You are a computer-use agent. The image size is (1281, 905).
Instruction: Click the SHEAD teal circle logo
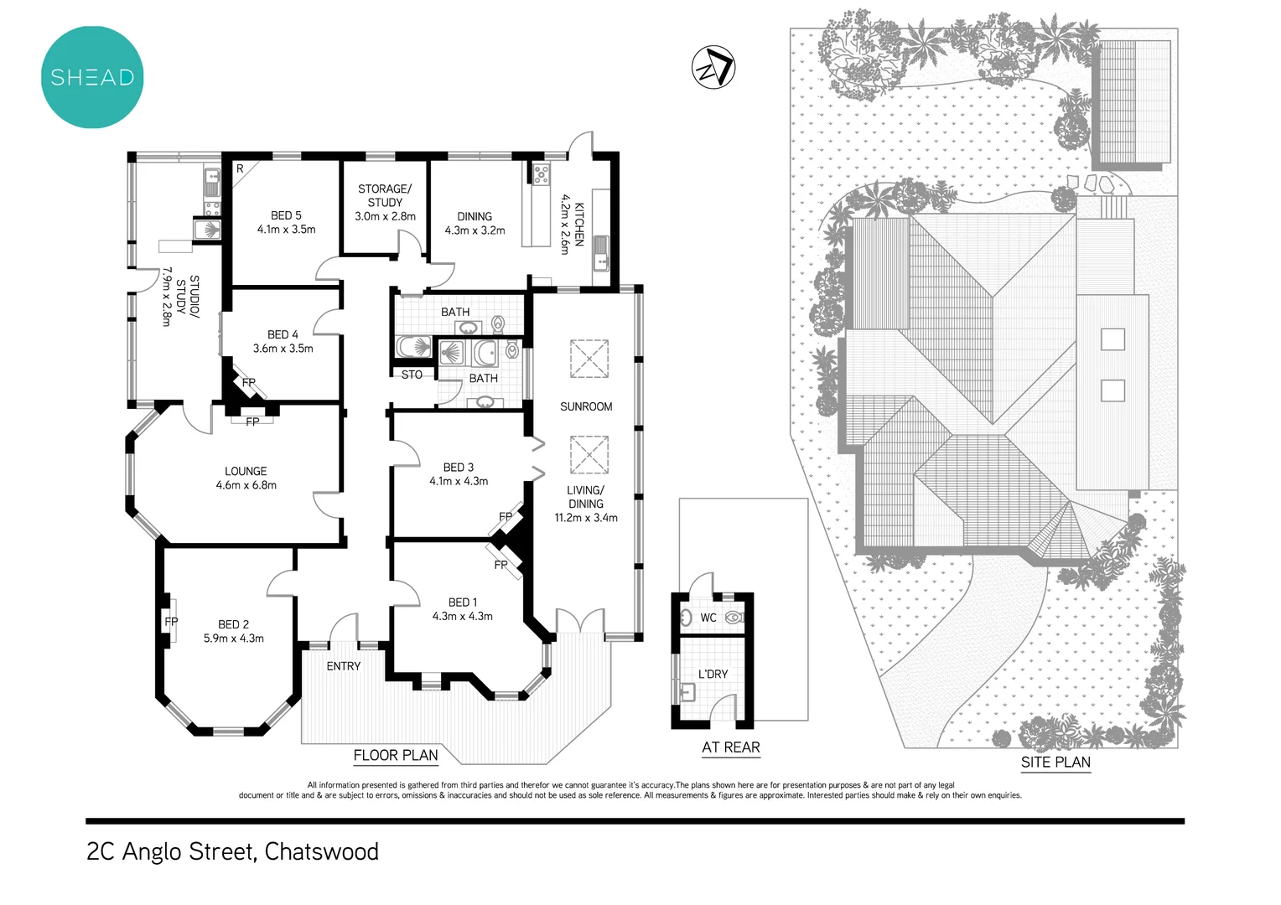92,77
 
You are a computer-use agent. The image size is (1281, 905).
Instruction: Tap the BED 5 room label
286,215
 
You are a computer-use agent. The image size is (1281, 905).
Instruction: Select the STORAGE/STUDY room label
385,195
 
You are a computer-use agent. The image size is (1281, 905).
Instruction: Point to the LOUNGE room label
246,471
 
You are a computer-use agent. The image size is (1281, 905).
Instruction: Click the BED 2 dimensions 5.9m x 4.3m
234,639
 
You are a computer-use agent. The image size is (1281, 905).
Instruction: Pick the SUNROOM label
586,406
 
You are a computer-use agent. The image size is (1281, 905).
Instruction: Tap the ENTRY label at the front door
344,666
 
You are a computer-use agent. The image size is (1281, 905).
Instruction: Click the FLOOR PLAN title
396,755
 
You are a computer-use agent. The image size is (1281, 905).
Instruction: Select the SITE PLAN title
1055,762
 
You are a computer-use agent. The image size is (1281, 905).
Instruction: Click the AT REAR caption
731,747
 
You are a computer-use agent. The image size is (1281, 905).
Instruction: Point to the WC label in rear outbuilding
708,618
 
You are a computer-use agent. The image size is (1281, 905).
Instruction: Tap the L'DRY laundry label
713,674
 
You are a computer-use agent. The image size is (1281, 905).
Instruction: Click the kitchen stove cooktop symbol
542,174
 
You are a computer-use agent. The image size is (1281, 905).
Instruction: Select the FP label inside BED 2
171,622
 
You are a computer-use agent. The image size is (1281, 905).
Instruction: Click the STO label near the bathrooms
412,375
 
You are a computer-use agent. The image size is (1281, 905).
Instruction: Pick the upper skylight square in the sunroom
589,359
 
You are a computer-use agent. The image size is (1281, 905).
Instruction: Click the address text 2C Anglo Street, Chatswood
233,851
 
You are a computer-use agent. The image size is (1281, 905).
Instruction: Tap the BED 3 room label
459,467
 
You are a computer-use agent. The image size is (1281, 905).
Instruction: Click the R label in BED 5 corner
240,168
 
